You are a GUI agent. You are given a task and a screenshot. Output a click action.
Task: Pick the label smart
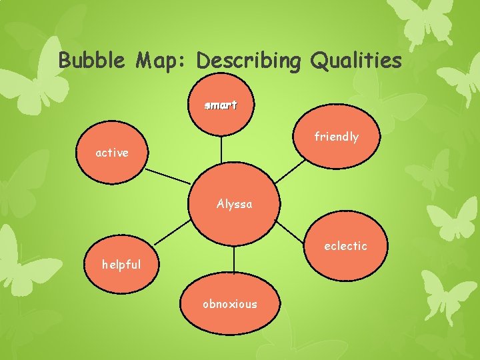[x=221, y=105]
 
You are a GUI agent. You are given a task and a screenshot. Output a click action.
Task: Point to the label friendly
[x=337, y=137]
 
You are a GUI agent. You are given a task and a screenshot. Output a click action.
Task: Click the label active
[x=112, y=153]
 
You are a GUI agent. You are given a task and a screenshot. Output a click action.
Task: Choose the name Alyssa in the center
[x=234, y=204]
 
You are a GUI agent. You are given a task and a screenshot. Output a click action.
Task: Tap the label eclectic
[x=345, y=246]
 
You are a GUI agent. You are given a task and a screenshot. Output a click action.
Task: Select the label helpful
[x=121, y=264]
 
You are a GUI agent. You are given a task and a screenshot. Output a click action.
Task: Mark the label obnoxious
[x=230, y=304]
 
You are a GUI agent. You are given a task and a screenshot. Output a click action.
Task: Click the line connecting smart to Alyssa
[x=221, y=149]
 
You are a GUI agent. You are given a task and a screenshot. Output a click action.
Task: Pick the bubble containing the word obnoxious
[x=230, y=320]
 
